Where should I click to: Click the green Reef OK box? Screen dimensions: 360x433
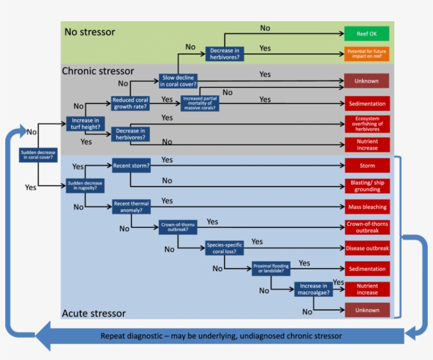point(367,34)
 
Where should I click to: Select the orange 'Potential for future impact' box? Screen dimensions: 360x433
point(367,53)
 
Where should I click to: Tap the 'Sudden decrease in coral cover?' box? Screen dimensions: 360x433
point(39,154)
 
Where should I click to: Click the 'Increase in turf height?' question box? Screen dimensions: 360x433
point(85,124)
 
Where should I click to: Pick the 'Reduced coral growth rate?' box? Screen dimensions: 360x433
point(130,103)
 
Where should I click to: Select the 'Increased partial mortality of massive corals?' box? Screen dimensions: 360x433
point(201,103)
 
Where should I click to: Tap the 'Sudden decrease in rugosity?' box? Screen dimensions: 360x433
point(85,185)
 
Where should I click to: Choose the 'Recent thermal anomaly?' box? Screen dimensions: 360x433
point(130,207)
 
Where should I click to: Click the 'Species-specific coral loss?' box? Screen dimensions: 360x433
point(225,248)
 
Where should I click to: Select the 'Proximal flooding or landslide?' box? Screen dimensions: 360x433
point(271,268)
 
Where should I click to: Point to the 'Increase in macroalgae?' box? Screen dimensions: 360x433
point(314,289)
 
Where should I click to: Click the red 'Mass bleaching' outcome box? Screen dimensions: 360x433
point(367,207)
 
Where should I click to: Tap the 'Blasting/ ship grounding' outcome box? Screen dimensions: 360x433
point(367,186)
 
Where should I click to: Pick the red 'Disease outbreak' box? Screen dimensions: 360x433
point(367,248)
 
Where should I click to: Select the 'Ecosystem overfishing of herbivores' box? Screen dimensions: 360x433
point(367,124)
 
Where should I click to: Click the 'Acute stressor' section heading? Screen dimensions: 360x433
point(94,313)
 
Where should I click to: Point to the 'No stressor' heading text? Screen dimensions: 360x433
point(90,32)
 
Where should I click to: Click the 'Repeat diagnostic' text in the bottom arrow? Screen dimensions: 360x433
point(221,336)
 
